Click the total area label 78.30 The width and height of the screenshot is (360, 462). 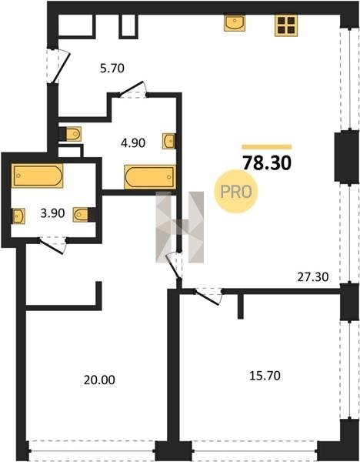267,163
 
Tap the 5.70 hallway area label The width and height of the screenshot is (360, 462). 112,69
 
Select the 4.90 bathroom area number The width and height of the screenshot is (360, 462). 133,143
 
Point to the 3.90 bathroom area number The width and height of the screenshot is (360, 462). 52,213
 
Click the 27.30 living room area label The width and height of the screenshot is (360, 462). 313,277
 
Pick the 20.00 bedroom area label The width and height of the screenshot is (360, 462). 99,380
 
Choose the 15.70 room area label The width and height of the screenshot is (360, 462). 265,376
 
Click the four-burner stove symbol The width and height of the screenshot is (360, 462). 286,25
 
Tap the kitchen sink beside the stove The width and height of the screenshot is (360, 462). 235,23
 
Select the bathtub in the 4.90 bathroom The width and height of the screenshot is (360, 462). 150,177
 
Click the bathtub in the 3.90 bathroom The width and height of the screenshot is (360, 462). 38,176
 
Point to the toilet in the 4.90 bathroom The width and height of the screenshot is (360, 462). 73,134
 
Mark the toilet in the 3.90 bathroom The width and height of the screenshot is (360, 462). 81,215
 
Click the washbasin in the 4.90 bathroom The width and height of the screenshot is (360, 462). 169,141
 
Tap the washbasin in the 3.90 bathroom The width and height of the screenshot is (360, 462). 18,216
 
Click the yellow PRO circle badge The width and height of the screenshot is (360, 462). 236,192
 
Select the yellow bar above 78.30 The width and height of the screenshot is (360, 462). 267,147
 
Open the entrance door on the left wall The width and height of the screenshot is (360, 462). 58,66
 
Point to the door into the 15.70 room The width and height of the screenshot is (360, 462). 208,296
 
